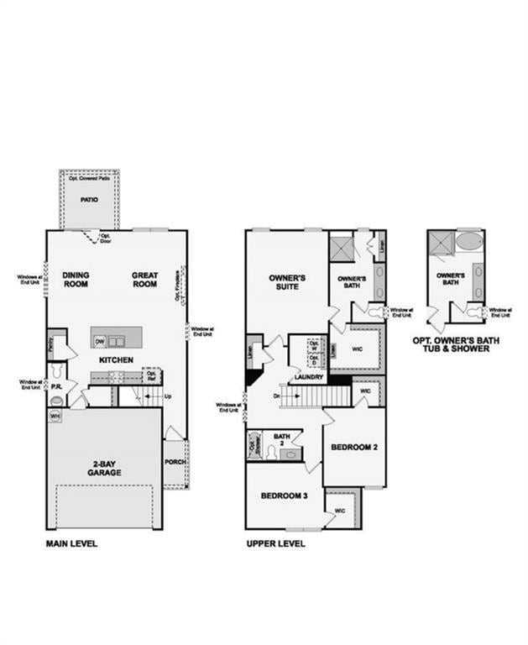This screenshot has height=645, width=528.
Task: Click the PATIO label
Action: click(89, 201)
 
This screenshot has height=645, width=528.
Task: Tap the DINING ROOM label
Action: click(76, 279)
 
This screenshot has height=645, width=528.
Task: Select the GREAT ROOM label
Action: click(144, 279)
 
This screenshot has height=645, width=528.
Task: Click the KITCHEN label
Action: click(116, 360)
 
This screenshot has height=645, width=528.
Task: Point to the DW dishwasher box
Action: click(100, 340)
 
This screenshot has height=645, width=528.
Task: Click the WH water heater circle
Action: click(55, 416)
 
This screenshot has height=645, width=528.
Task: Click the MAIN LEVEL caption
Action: click(71, 544)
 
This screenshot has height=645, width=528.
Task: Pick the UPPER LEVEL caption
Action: click(275, 544)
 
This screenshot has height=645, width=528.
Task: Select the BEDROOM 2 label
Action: click(354, 447)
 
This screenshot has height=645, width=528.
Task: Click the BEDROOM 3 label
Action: click(284, 496)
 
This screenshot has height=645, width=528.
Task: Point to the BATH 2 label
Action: click(281, 438)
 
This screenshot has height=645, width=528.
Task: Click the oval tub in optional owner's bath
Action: click(469, 244)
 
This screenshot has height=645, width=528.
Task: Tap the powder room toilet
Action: click(56, 401)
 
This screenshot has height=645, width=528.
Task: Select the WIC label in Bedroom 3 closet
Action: click(340, 511)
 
